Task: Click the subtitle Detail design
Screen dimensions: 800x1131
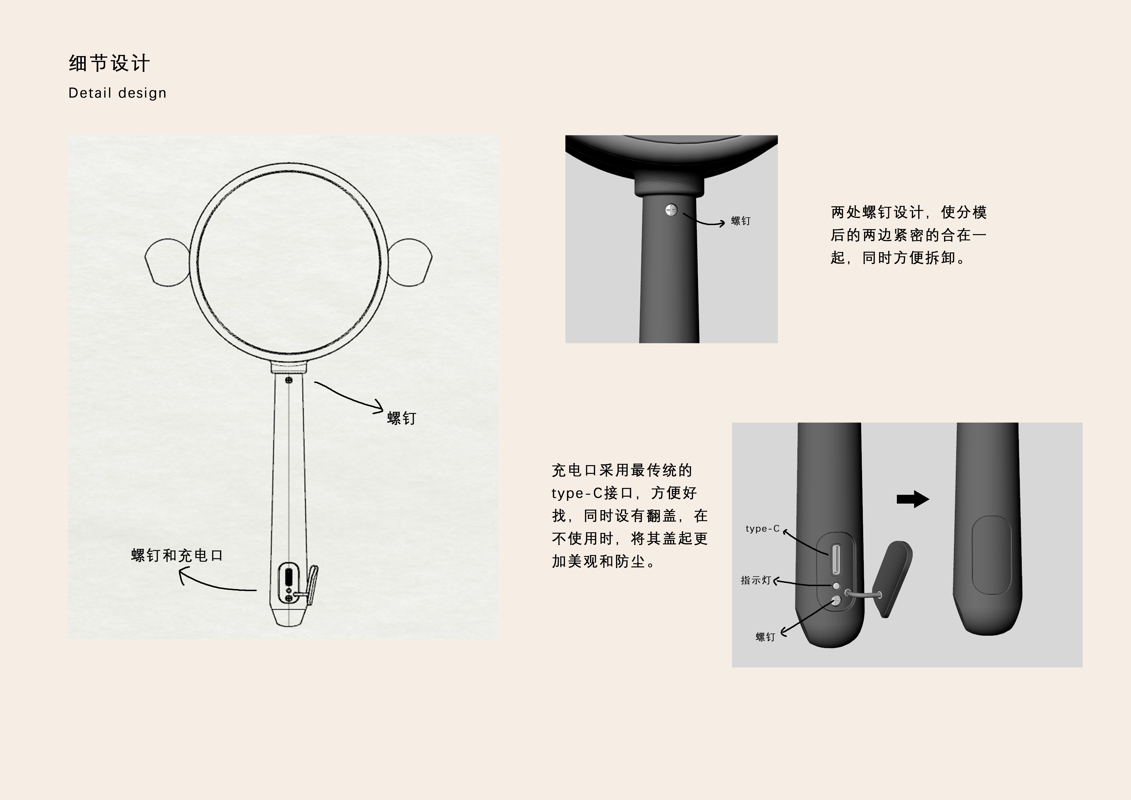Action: point(117,93)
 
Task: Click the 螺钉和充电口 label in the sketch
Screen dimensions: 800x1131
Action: point(177,556)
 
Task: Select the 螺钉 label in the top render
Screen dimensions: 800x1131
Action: point(740,221)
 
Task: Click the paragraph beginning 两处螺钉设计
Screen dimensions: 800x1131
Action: point(908,235)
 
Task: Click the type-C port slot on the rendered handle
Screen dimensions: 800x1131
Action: point(836,559)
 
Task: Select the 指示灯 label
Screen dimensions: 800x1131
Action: point(755,580)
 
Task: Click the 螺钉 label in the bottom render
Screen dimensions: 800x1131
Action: point(765,637)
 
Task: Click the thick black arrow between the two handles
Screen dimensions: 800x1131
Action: point(912,499)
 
